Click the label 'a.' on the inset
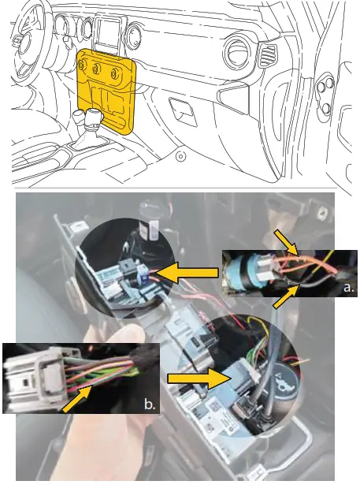pos(348,289)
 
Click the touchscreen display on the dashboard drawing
pos(106,33)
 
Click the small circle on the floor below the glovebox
pos(180,157)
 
